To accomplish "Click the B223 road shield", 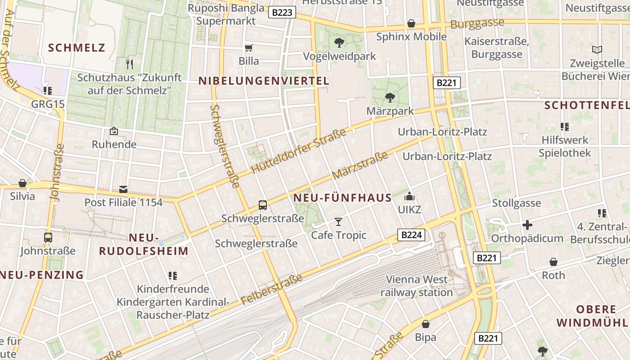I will (282, 12).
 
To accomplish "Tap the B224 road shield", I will (411, 234).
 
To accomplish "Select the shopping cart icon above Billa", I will (248, 48).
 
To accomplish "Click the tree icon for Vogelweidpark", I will (339, 43).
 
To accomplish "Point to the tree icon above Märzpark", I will (390, 97).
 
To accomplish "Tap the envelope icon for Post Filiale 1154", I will (123, 189).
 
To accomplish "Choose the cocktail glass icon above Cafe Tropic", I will (338, 221).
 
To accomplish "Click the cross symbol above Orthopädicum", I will (527, 225).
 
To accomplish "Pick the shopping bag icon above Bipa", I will (425, 324).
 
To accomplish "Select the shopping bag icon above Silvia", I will (22, 183).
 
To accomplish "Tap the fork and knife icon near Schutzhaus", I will (130, 64).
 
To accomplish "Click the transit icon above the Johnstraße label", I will (48, 237).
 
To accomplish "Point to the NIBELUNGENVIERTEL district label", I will (264, 81).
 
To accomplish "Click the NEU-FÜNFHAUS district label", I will (342, 198).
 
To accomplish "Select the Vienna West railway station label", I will (417, 286).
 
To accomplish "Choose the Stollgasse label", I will (516, 203).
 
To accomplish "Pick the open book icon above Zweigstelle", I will (597, 49).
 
